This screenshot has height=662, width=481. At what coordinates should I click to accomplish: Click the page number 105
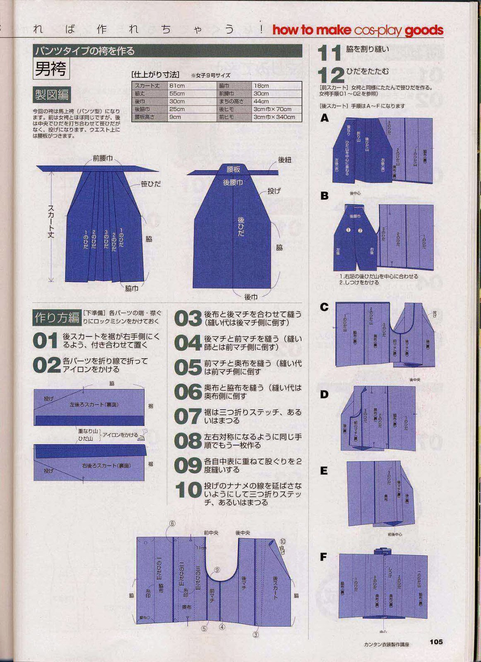tap(436, 641)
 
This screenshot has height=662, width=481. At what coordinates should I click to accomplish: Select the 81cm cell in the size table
tap(177, 86)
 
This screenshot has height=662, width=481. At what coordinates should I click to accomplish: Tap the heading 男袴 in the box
tap(51, 69)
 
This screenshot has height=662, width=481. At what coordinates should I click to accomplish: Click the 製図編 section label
tap(51, 95)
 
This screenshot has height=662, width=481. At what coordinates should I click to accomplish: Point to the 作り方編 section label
tap(57, 317)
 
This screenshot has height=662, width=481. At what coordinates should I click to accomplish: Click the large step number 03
tap(188, 319)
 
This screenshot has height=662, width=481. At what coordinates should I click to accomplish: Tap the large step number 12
tap(331, 75)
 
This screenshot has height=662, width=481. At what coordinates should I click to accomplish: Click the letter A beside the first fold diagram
tap(325, 118)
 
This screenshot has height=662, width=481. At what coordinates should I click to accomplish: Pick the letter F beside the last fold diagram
tap(324, 557)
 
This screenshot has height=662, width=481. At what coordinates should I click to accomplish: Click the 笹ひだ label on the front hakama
tap(151, 184)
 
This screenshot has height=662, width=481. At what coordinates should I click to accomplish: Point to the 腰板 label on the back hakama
tap(233, 170)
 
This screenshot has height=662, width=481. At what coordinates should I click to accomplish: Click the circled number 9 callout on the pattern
tap(216, 570)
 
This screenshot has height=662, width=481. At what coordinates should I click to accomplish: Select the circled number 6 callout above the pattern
tap(172, 523)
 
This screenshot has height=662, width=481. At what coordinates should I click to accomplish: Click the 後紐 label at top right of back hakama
tap(284, 160)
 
